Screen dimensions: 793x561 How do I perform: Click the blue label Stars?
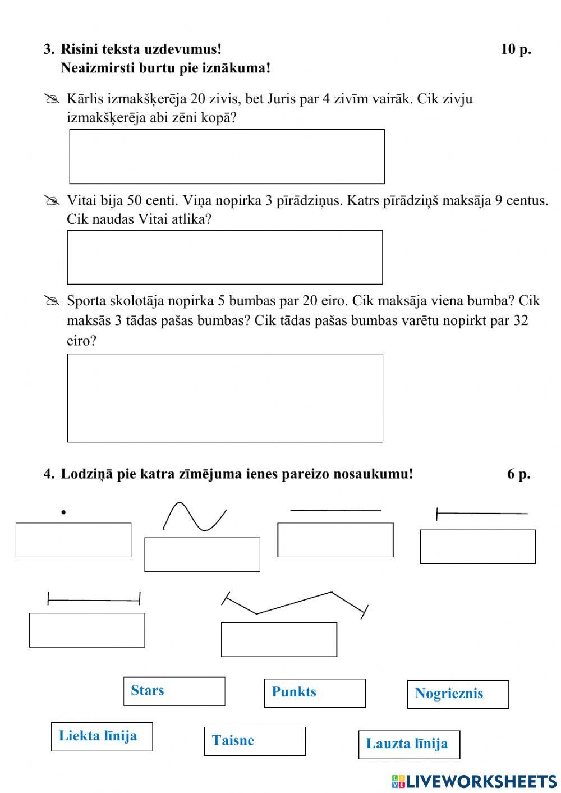(x=148, y=690)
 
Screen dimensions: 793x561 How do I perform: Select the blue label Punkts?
(x=294, y=692)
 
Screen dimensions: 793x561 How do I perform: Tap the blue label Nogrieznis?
(x=449, y=694)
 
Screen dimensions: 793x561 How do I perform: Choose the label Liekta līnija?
(x=98, y=736)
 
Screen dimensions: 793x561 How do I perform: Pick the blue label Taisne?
(x=233, y=741)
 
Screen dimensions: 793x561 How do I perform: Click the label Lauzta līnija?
(x=407, y=744)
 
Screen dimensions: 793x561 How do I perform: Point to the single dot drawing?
(x=64, y=512)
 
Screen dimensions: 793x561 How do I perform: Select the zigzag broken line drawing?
(x=295, y=604)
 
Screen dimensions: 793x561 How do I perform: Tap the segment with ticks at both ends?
(x=94, y=600)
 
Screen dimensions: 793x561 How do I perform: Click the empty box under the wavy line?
(x=202, y=554)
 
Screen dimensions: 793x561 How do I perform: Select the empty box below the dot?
(x=73, y=540)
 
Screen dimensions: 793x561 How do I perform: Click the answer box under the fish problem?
(x=227, y=157)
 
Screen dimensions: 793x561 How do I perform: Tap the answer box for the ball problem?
(x=225, y=398)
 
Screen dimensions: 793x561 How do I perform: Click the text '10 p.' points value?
(x=516, y=49)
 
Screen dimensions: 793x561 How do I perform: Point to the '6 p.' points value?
(x=518, y=474)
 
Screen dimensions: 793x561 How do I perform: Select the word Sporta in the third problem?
(x=86, y=301)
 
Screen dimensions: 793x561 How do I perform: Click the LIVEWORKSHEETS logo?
(x=474, y=781)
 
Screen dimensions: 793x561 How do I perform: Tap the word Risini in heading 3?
(x=79, y=49)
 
